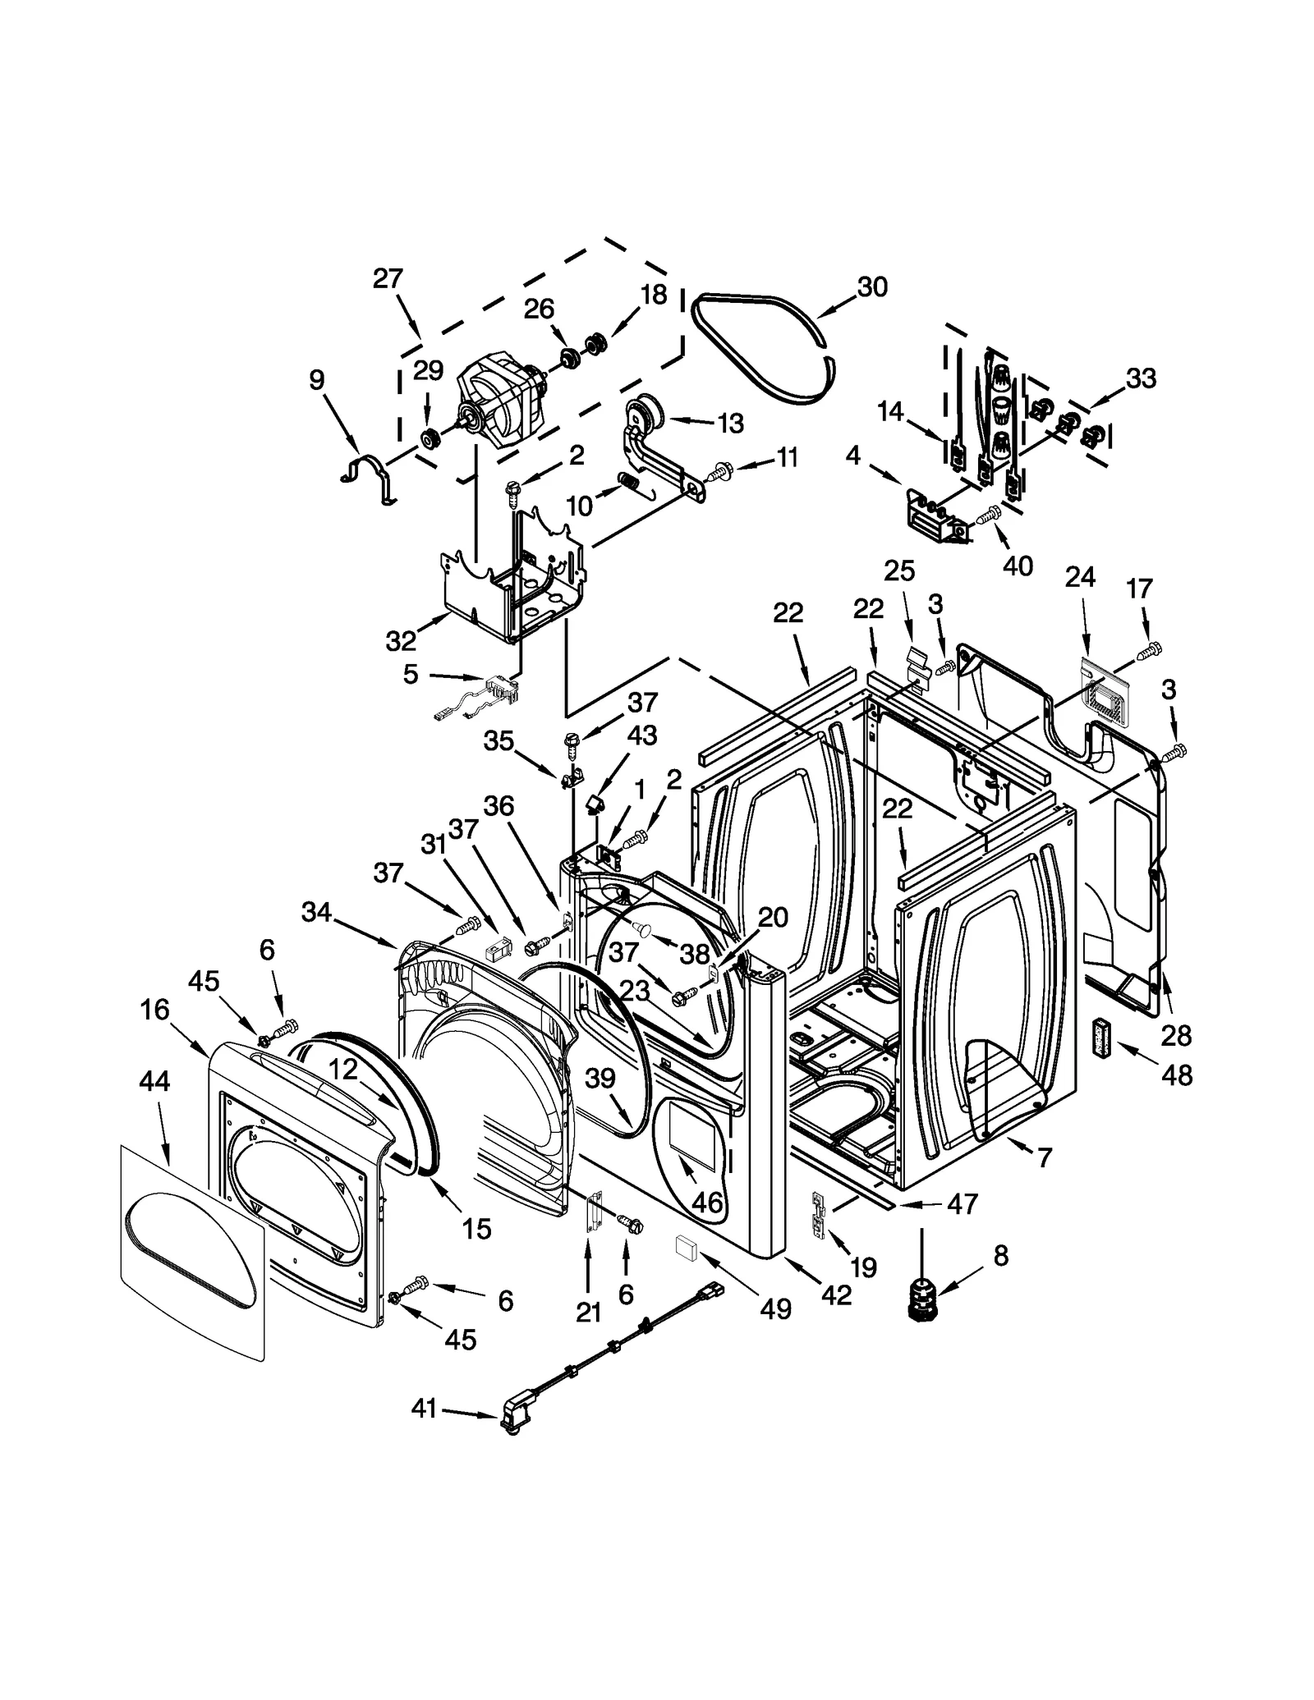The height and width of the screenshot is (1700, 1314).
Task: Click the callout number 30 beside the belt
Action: (872, 286)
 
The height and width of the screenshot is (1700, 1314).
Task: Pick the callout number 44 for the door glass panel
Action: (154, 1081)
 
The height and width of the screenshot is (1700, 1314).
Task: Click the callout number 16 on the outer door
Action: (154, 1010)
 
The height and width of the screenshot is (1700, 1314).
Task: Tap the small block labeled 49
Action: (686, 1249)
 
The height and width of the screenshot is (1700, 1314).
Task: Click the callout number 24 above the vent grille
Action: (1080, 577)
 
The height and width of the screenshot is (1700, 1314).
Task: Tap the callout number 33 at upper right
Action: (1141, 378)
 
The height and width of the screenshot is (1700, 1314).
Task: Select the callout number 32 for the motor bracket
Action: (401, 640)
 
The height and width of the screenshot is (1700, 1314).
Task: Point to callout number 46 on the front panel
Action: (707, 1203)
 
